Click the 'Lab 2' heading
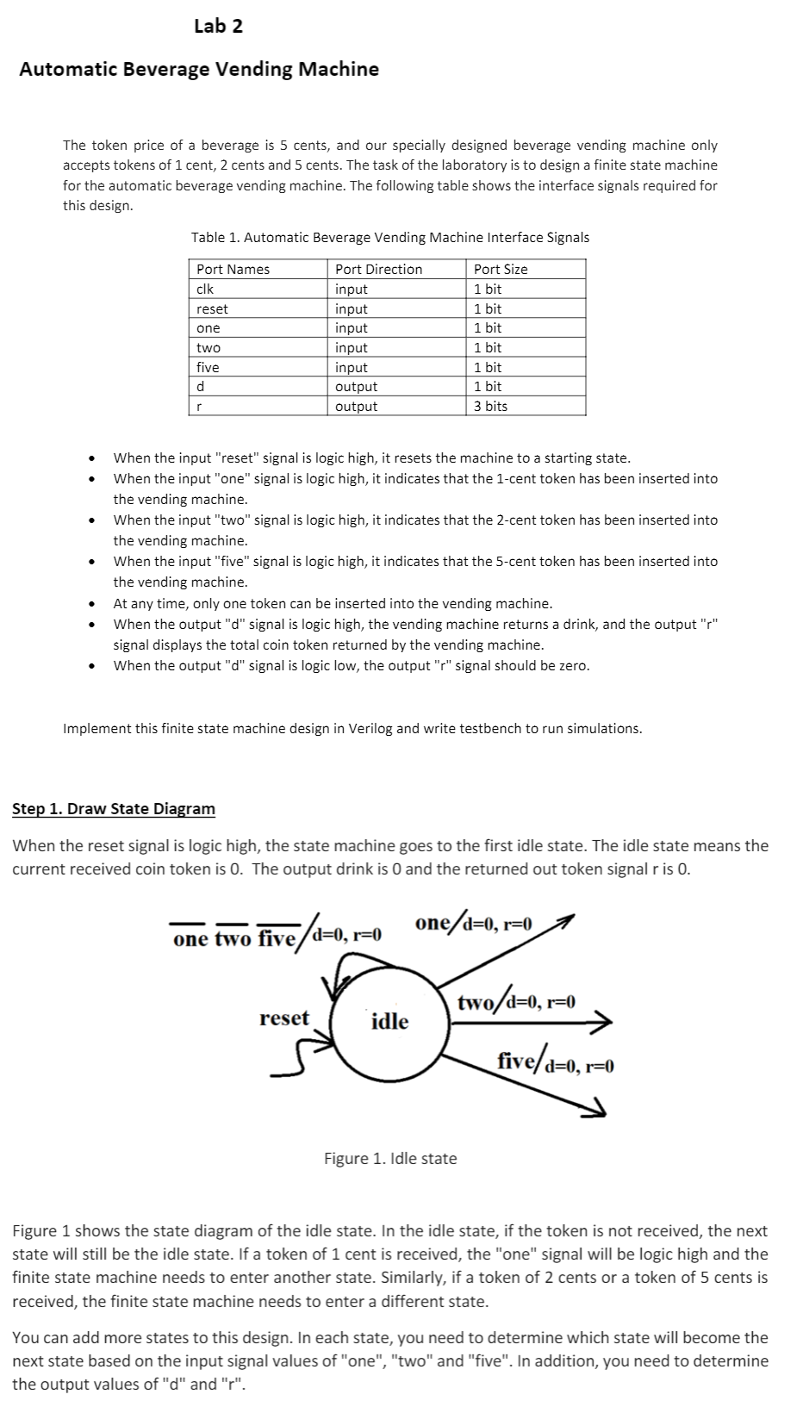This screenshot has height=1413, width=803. [218, 26]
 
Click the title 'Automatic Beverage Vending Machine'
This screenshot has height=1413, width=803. [199, 69]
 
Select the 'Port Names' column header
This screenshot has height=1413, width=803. [233, 270]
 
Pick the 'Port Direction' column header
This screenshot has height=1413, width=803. [378, 270]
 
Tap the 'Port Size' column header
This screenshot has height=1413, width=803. [501, 270]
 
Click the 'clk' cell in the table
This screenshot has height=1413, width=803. [205, 289]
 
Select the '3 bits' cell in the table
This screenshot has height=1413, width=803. [490, 407]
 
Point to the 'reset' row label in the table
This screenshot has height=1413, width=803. [212, 308]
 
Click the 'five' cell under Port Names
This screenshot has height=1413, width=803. [208, 368]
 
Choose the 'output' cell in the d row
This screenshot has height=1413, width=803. [356, 387]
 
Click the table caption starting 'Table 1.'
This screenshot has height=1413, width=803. [389, 237]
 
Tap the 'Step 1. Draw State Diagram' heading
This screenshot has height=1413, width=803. [114, 809]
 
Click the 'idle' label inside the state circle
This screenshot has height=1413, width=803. [389, 1022]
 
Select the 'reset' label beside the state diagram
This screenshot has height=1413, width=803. [283, 1018]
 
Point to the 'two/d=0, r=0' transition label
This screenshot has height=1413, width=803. [516, 1002]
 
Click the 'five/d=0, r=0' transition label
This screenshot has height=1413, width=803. [555, 1061]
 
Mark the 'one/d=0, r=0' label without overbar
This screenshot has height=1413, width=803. [473, 924]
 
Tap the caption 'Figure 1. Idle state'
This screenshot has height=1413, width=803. [390, 1159]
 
